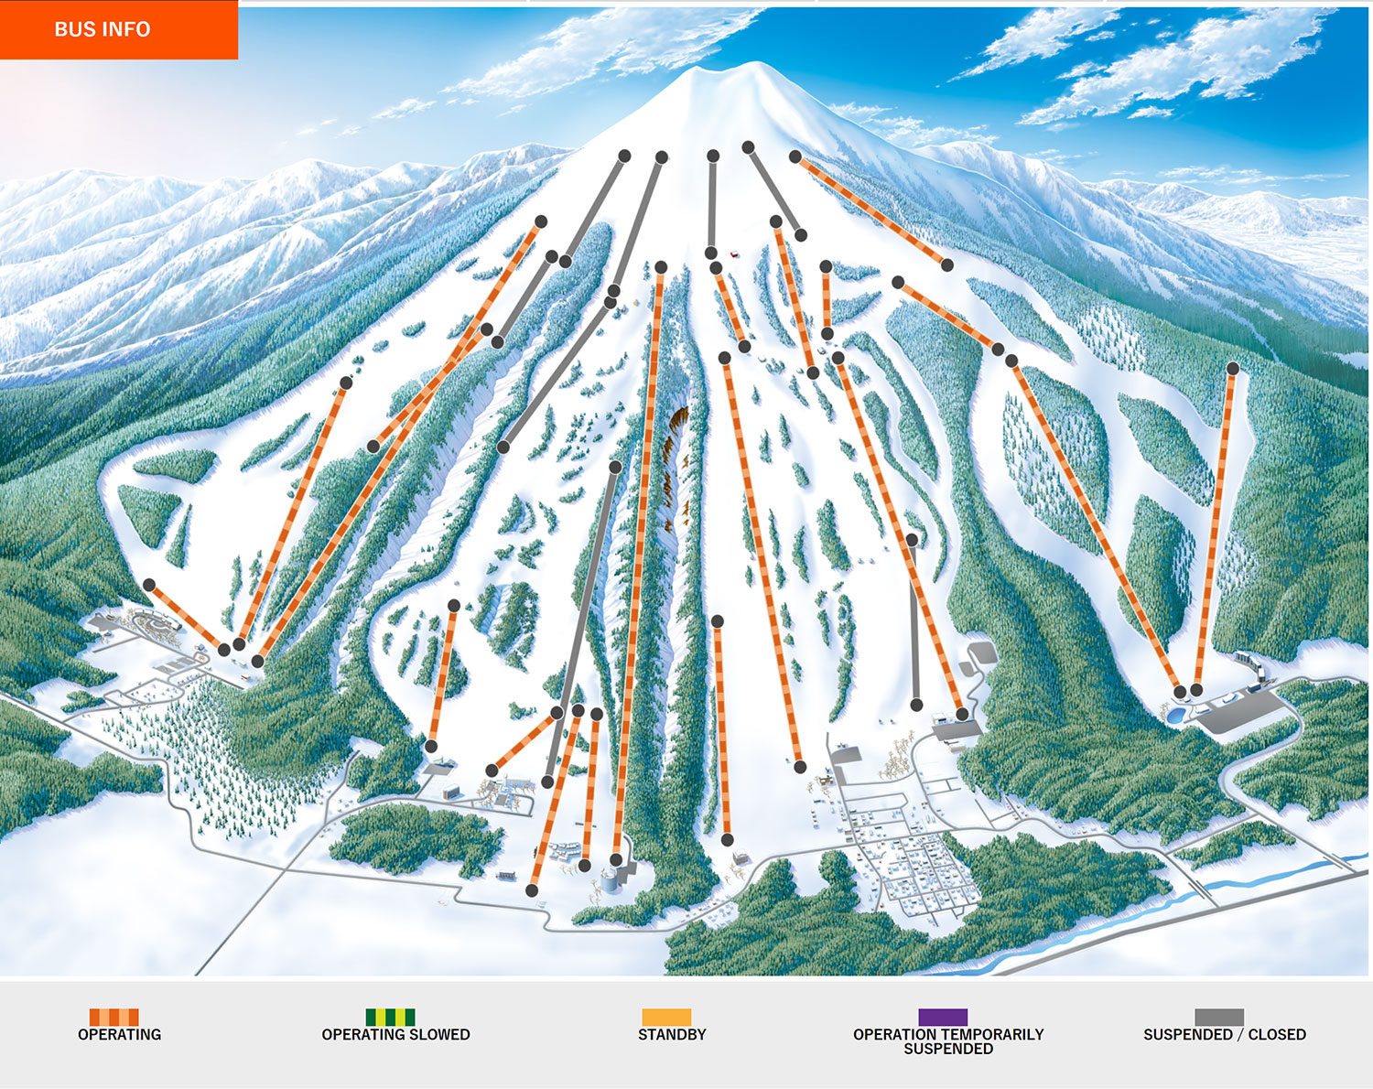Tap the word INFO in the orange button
[x=127, y=29]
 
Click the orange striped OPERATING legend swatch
[x=114, y=1017]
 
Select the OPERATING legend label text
[x=119, y=1035]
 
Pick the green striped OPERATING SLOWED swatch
[x=390, y=1017]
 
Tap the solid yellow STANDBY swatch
[x=666, y=1017]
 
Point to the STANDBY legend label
[x=672, y=1035]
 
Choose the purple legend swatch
[x=943, y=1017]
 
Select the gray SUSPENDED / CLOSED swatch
[x=1219, y=1017]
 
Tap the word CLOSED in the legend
[x=1277, y=1035]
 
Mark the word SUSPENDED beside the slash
[x=1187, y=1035]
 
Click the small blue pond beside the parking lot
[x=1176, y=715]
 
